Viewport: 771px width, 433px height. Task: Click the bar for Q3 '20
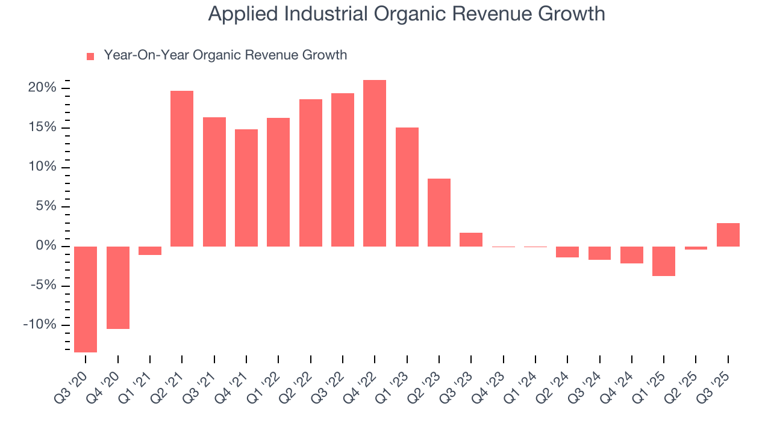coord(86,299)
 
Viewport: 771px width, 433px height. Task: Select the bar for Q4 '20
coord(118,287)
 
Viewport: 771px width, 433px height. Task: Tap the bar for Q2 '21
coord(182,168)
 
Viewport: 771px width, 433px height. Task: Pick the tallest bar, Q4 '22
coord(375,163)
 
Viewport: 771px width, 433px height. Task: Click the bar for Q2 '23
coord(439,212)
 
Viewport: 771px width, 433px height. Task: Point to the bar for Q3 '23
coord(471,239)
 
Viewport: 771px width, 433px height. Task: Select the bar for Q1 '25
coord(664,261)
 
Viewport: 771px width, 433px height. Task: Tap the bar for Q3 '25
coord(728,235)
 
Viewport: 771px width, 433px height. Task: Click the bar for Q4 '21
coord(246,188)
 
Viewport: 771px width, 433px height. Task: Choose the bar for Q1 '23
coord(407,187)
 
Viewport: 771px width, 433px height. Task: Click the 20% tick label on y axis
coord(43,88)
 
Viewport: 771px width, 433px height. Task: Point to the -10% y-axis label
coord(40,325)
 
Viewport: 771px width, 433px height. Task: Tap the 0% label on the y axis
coord(46,246)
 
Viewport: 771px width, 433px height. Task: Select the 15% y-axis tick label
coord(43,127)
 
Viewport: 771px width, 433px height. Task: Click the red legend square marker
coord(90,57)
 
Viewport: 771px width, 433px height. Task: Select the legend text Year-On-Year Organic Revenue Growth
coord(225,55)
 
